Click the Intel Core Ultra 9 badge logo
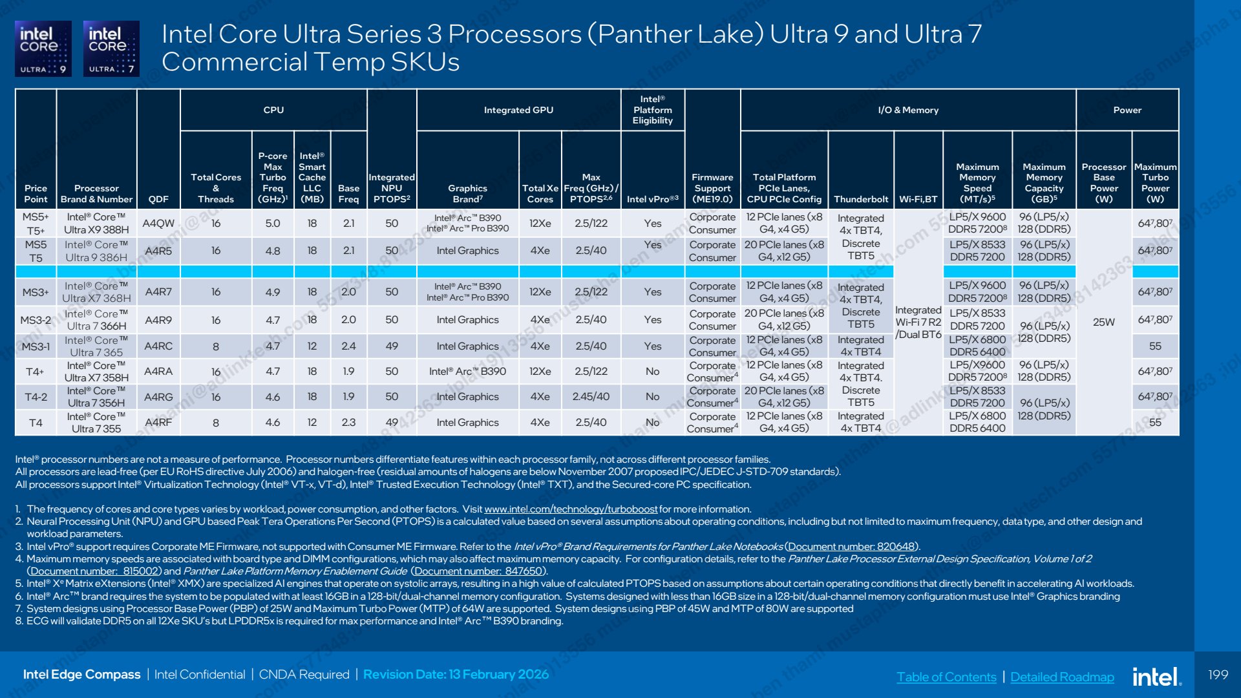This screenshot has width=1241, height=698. tap(43, 48)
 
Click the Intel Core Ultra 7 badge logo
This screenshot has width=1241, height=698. tap(111, 48)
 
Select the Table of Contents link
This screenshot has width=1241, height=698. tap(946, 677)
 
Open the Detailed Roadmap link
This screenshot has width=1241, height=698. tap(1062, 677)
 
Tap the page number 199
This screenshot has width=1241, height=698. tap(1218, 674)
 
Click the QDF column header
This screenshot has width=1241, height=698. tap(158, 199)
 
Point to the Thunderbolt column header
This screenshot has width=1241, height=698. tap(861, 199)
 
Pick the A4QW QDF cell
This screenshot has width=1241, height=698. tap(158, 223)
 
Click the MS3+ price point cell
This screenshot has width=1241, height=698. tap(36, 292)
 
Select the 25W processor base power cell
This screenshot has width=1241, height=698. tap(1103, 322)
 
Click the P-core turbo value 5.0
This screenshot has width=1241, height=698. tap(273, 223)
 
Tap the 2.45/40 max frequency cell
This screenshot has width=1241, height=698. tap(591, 396)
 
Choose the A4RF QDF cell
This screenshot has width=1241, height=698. tap(158, 423)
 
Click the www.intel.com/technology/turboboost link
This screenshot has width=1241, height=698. tap(571, 509)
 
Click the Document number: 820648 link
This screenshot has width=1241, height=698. tap(851, 547)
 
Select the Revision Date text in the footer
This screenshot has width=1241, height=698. tap(456, 674)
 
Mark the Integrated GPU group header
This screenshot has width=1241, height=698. tap(518, 110)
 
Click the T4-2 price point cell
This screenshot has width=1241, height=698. tap(36, 397)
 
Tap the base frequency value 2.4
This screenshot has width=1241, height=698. tap(348, 346)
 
